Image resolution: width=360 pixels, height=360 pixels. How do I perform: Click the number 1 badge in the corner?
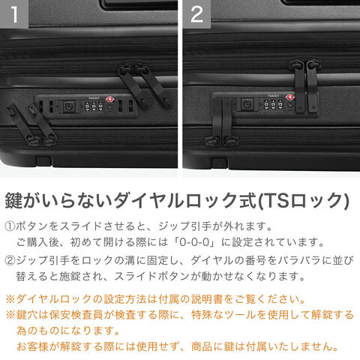click(x=14, y=14)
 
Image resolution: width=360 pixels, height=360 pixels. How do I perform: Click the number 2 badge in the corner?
click(x=196, y=14)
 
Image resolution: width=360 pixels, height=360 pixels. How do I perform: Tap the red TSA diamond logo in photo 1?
click(x=109, y=99)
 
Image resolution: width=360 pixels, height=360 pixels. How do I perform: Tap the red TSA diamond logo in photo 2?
click(x=290, y=97)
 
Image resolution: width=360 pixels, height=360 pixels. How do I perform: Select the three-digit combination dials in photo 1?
click(x=94, y=106)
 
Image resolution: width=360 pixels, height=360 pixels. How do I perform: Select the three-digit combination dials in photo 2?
click(x=273, y=104)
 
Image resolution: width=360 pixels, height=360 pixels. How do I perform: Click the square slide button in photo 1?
click(x=69, y=106)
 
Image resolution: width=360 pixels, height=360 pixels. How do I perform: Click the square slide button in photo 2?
click(x=247, y=104)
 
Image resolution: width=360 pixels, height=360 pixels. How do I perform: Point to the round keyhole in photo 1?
click(x=109, y=106)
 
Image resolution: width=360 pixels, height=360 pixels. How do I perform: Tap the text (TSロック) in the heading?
click(x=303, y=200)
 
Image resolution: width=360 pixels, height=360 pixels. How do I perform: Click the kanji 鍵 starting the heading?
click(x=13, y=200)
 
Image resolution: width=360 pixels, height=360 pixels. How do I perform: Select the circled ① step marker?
click(x=10, y=226)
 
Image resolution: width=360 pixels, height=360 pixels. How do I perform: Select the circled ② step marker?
click(x=10, y=260)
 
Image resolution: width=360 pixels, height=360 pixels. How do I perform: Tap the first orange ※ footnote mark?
click(x=10, y=299)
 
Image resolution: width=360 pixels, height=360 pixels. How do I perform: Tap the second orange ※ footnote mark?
click(x=10, y=315)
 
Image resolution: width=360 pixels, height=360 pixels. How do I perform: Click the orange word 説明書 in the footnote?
click(x=207, y=299)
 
